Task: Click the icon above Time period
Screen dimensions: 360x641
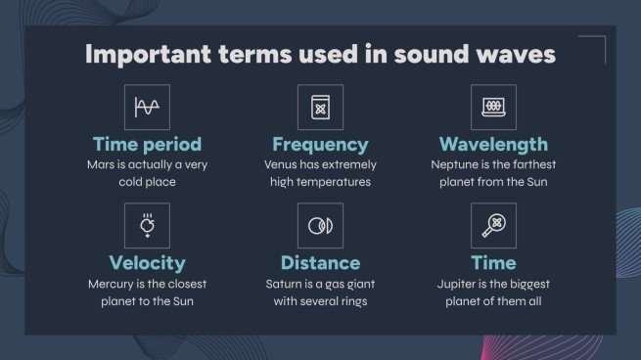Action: pyautogui.click(x=147, y=107)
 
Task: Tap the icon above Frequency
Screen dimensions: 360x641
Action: pyautogui.click(x=320, y=107)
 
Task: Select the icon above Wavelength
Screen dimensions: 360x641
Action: pyautogui.click(x=492, y=107)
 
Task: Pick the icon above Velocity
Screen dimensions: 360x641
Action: pyautogui.click(x=147, y=226)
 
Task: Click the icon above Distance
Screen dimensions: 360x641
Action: pyautogui.click(x=320, y=226)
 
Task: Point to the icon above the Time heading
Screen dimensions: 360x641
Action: pyautogui.click(x=492, y=226)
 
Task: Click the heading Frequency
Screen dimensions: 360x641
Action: pyautogui.click(x=320, y=145)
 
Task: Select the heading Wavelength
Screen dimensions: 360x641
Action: pyautogui.click(x=492, y=145)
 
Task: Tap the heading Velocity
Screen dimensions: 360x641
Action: pyautogui.click(x=147, y=263)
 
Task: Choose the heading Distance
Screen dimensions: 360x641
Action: pyautogui.click(x=320, y=263)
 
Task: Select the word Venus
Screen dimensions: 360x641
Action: pyautogui.click(x=281, y=165)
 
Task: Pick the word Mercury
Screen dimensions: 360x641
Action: pyautogui.click(x=113, y=284)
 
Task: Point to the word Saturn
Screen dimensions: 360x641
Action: pyautogui.click(x=286, y=284)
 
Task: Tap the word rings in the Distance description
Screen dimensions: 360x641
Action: pyautogui.click(x=348, y=300)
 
